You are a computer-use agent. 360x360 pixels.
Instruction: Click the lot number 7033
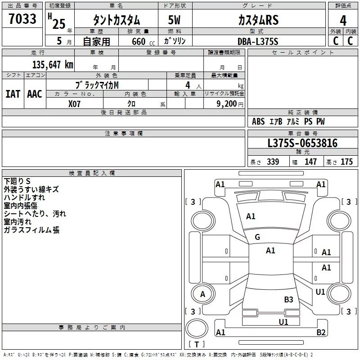point(22,20)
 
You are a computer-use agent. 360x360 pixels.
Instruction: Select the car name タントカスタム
point(116,20)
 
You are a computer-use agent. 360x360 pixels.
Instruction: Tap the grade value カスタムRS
point(258,20)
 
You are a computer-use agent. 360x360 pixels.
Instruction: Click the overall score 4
point(343,20)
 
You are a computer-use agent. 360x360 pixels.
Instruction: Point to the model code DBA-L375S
point(258,41)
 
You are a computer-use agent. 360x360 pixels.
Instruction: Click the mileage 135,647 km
point(53,65)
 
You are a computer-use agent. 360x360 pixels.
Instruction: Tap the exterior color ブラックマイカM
point(98,85)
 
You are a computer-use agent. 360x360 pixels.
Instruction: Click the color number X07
point(75,103)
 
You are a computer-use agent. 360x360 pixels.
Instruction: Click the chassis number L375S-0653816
point(302,144)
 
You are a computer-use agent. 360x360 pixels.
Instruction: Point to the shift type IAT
point(13,94)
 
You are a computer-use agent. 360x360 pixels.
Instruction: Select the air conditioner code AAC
point(35,94)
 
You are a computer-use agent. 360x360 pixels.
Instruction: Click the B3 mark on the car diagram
point(288,299)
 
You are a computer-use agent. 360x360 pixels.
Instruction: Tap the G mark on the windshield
point(257,237)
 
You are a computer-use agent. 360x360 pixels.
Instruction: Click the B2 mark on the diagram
point(321,333)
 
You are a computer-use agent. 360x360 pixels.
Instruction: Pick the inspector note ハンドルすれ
point(24,198)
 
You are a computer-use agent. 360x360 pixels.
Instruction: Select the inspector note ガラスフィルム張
point(31,230)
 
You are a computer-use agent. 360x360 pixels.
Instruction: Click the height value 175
point(346,162)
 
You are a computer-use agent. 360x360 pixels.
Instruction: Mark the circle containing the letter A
point(202,294)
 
